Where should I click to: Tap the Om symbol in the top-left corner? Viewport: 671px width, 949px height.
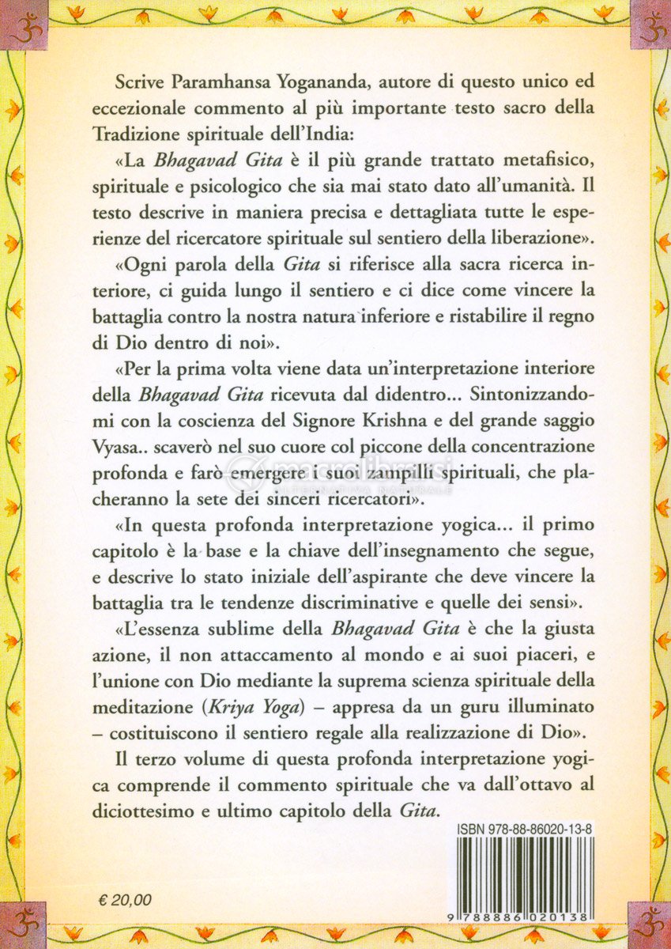[21, 24]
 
